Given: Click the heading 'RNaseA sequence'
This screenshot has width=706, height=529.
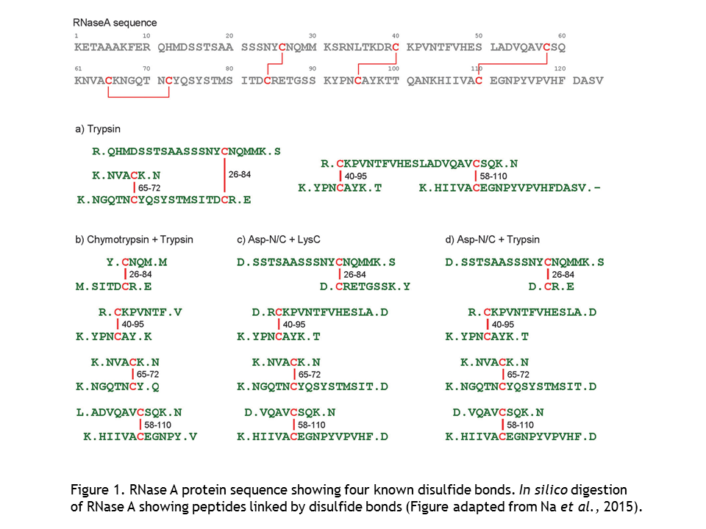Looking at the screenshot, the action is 115,24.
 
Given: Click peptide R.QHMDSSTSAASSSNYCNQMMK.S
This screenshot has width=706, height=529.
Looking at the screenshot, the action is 187,151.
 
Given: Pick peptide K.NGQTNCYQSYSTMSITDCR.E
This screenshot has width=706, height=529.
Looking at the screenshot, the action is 163,199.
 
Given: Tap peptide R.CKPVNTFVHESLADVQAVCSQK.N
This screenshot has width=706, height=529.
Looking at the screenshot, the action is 419,163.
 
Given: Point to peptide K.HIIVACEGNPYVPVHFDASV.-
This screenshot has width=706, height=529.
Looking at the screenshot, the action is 510,188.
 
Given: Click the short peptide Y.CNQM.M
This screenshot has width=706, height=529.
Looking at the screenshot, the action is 137,262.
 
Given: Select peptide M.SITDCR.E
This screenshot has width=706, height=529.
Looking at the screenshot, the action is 114,287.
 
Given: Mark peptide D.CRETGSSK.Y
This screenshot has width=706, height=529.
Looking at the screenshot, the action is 366,287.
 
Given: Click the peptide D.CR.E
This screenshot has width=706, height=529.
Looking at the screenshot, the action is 552,287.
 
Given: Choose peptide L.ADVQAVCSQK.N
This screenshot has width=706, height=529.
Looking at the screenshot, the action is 129,412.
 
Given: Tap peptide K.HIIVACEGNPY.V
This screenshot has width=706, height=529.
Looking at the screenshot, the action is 140,436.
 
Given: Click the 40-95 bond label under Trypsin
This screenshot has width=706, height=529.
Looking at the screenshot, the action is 357,176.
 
